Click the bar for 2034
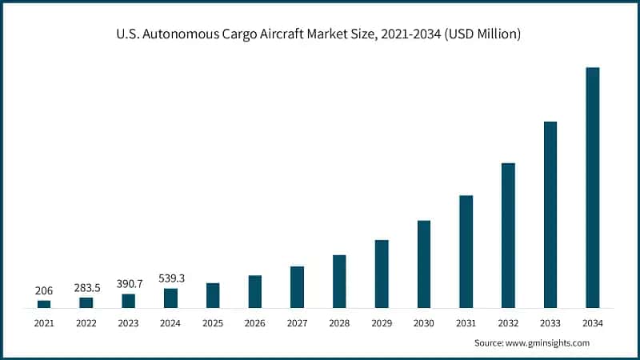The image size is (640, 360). [x=593, y=187]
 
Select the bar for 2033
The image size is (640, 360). [x=550, y=214]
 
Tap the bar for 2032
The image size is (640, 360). [x=508, y=235]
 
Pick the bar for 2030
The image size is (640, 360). [x=424, y=264]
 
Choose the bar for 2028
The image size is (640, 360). [x=339, y=281]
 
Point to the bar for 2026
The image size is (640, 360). [x=255, y=291]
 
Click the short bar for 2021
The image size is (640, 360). [x=44, y=304]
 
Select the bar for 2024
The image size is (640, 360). [x=170, y=298]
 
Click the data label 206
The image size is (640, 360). [x=44, y=290]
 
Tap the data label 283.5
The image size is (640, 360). [x=86, y=287]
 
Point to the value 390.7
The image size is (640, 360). [x=128, y=284]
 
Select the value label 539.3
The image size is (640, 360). [x=170, y=278]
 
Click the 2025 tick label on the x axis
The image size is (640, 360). [x=213, y=323]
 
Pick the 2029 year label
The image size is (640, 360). [x=382, y=323]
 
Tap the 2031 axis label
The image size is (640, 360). [x=466, y=323]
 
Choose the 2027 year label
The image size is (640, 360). [x=297, y=323]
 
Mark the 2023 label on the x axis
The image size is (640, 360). [x=128, y=323]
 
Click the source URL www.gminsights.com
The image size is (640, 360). [x=549, y=342]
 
